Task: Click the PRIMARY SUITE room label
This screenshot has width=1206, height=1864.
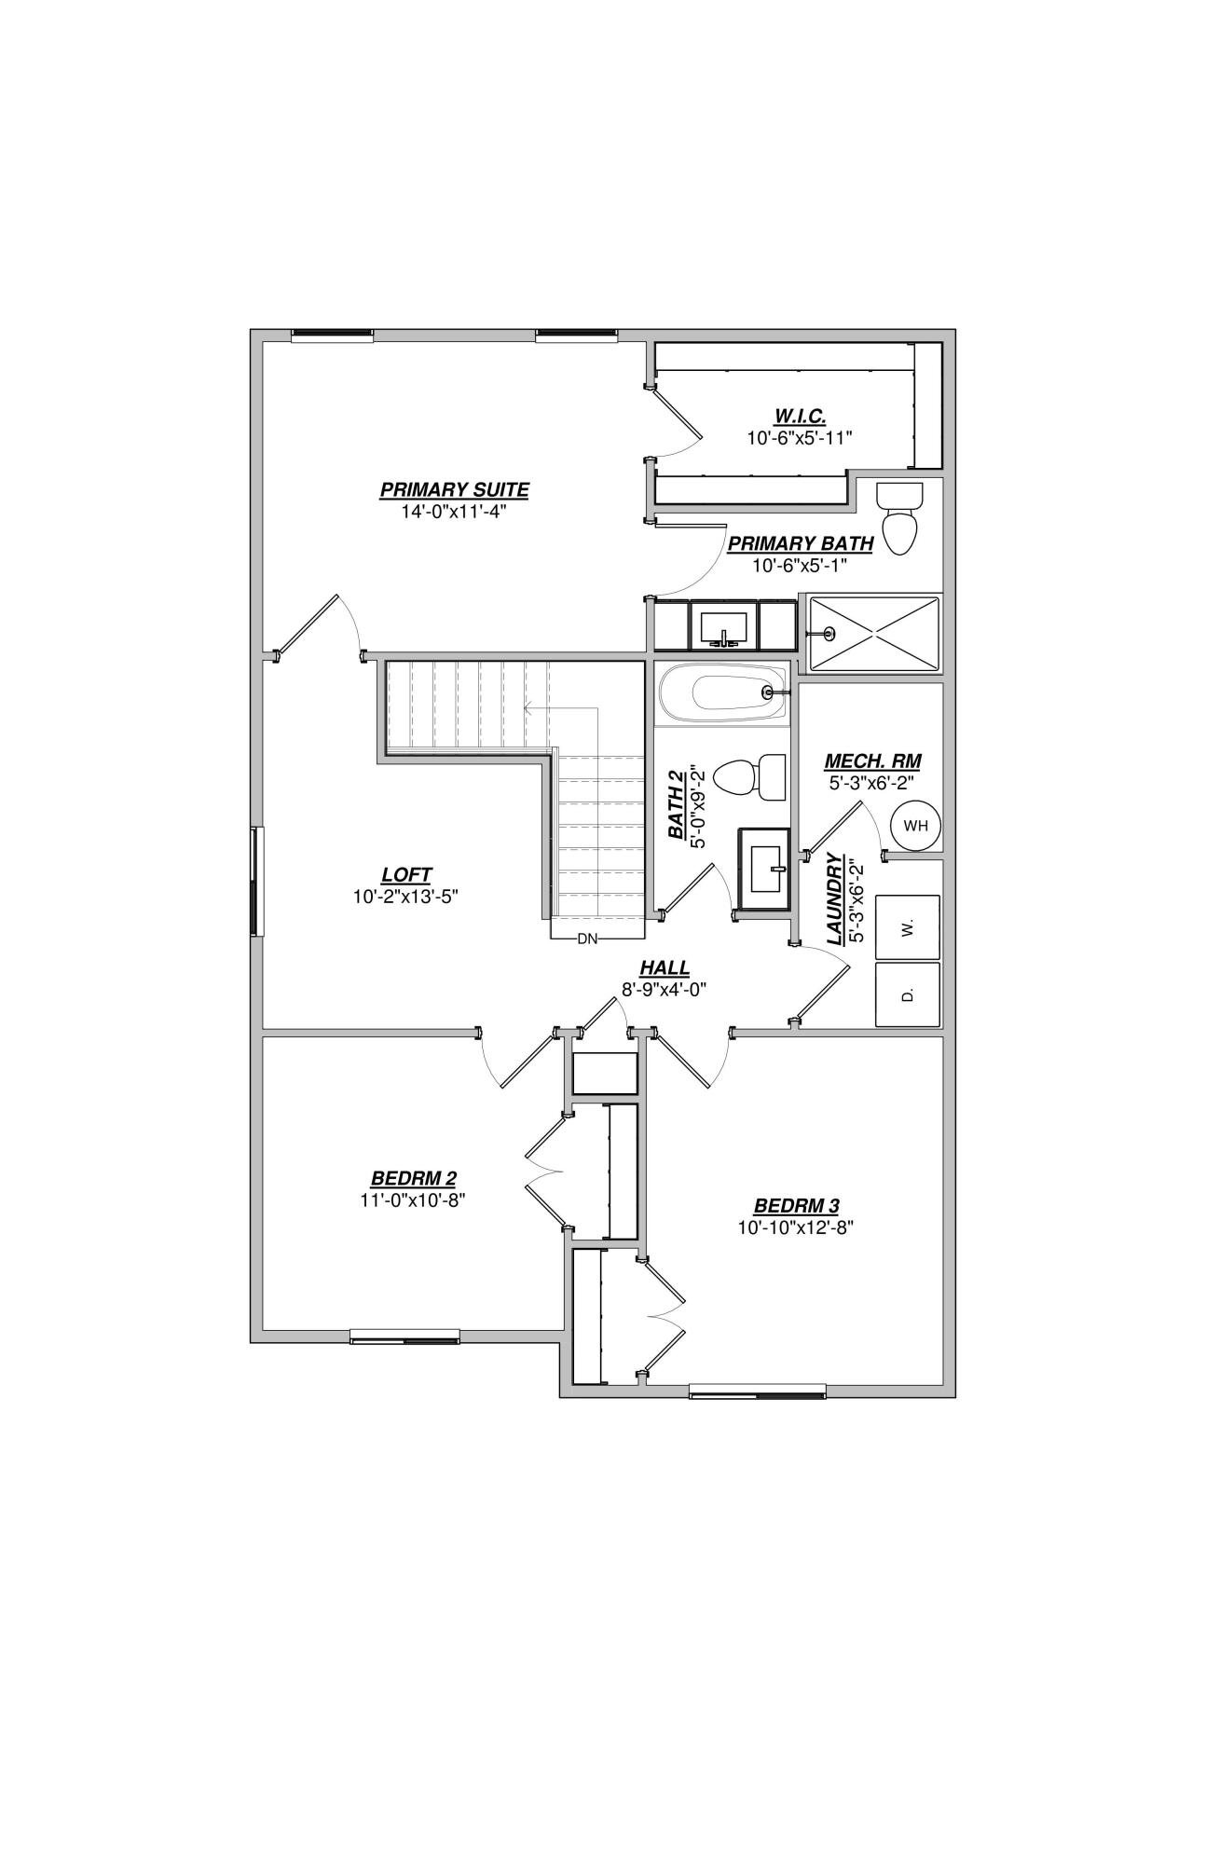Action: point(454,489)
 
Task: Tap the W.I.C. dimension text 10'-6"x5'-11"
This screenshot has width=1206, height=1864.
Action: point(800,437)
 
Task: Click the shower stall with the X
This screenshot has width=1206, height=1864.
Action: point(873,633)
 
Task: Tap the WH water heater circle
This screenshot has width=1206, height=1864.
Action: point(915,825)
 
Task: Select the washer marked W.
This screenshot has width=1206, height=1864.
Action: point(908,926)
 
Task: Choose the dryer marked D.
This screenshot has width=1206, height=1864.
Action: point(908,994)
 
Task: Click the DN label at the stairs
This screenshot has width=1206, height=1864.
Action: point(587,939)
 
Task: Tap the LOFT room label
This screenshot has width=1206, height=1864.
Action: point(406,875)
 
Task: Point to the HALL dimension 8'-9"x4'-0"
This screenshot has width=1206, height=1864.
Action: point(665,990)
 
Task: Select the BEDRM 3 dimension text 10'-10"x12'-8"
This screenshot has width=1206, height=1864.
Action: point(796,1227)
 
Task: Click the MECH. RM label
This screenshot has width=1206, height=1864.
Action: point(872,761)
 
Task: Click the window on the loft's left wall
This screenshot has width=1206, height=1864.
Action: point(255,880)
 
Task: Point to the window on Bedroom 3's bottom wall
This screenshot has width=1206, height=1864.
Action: point(757,1391)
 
